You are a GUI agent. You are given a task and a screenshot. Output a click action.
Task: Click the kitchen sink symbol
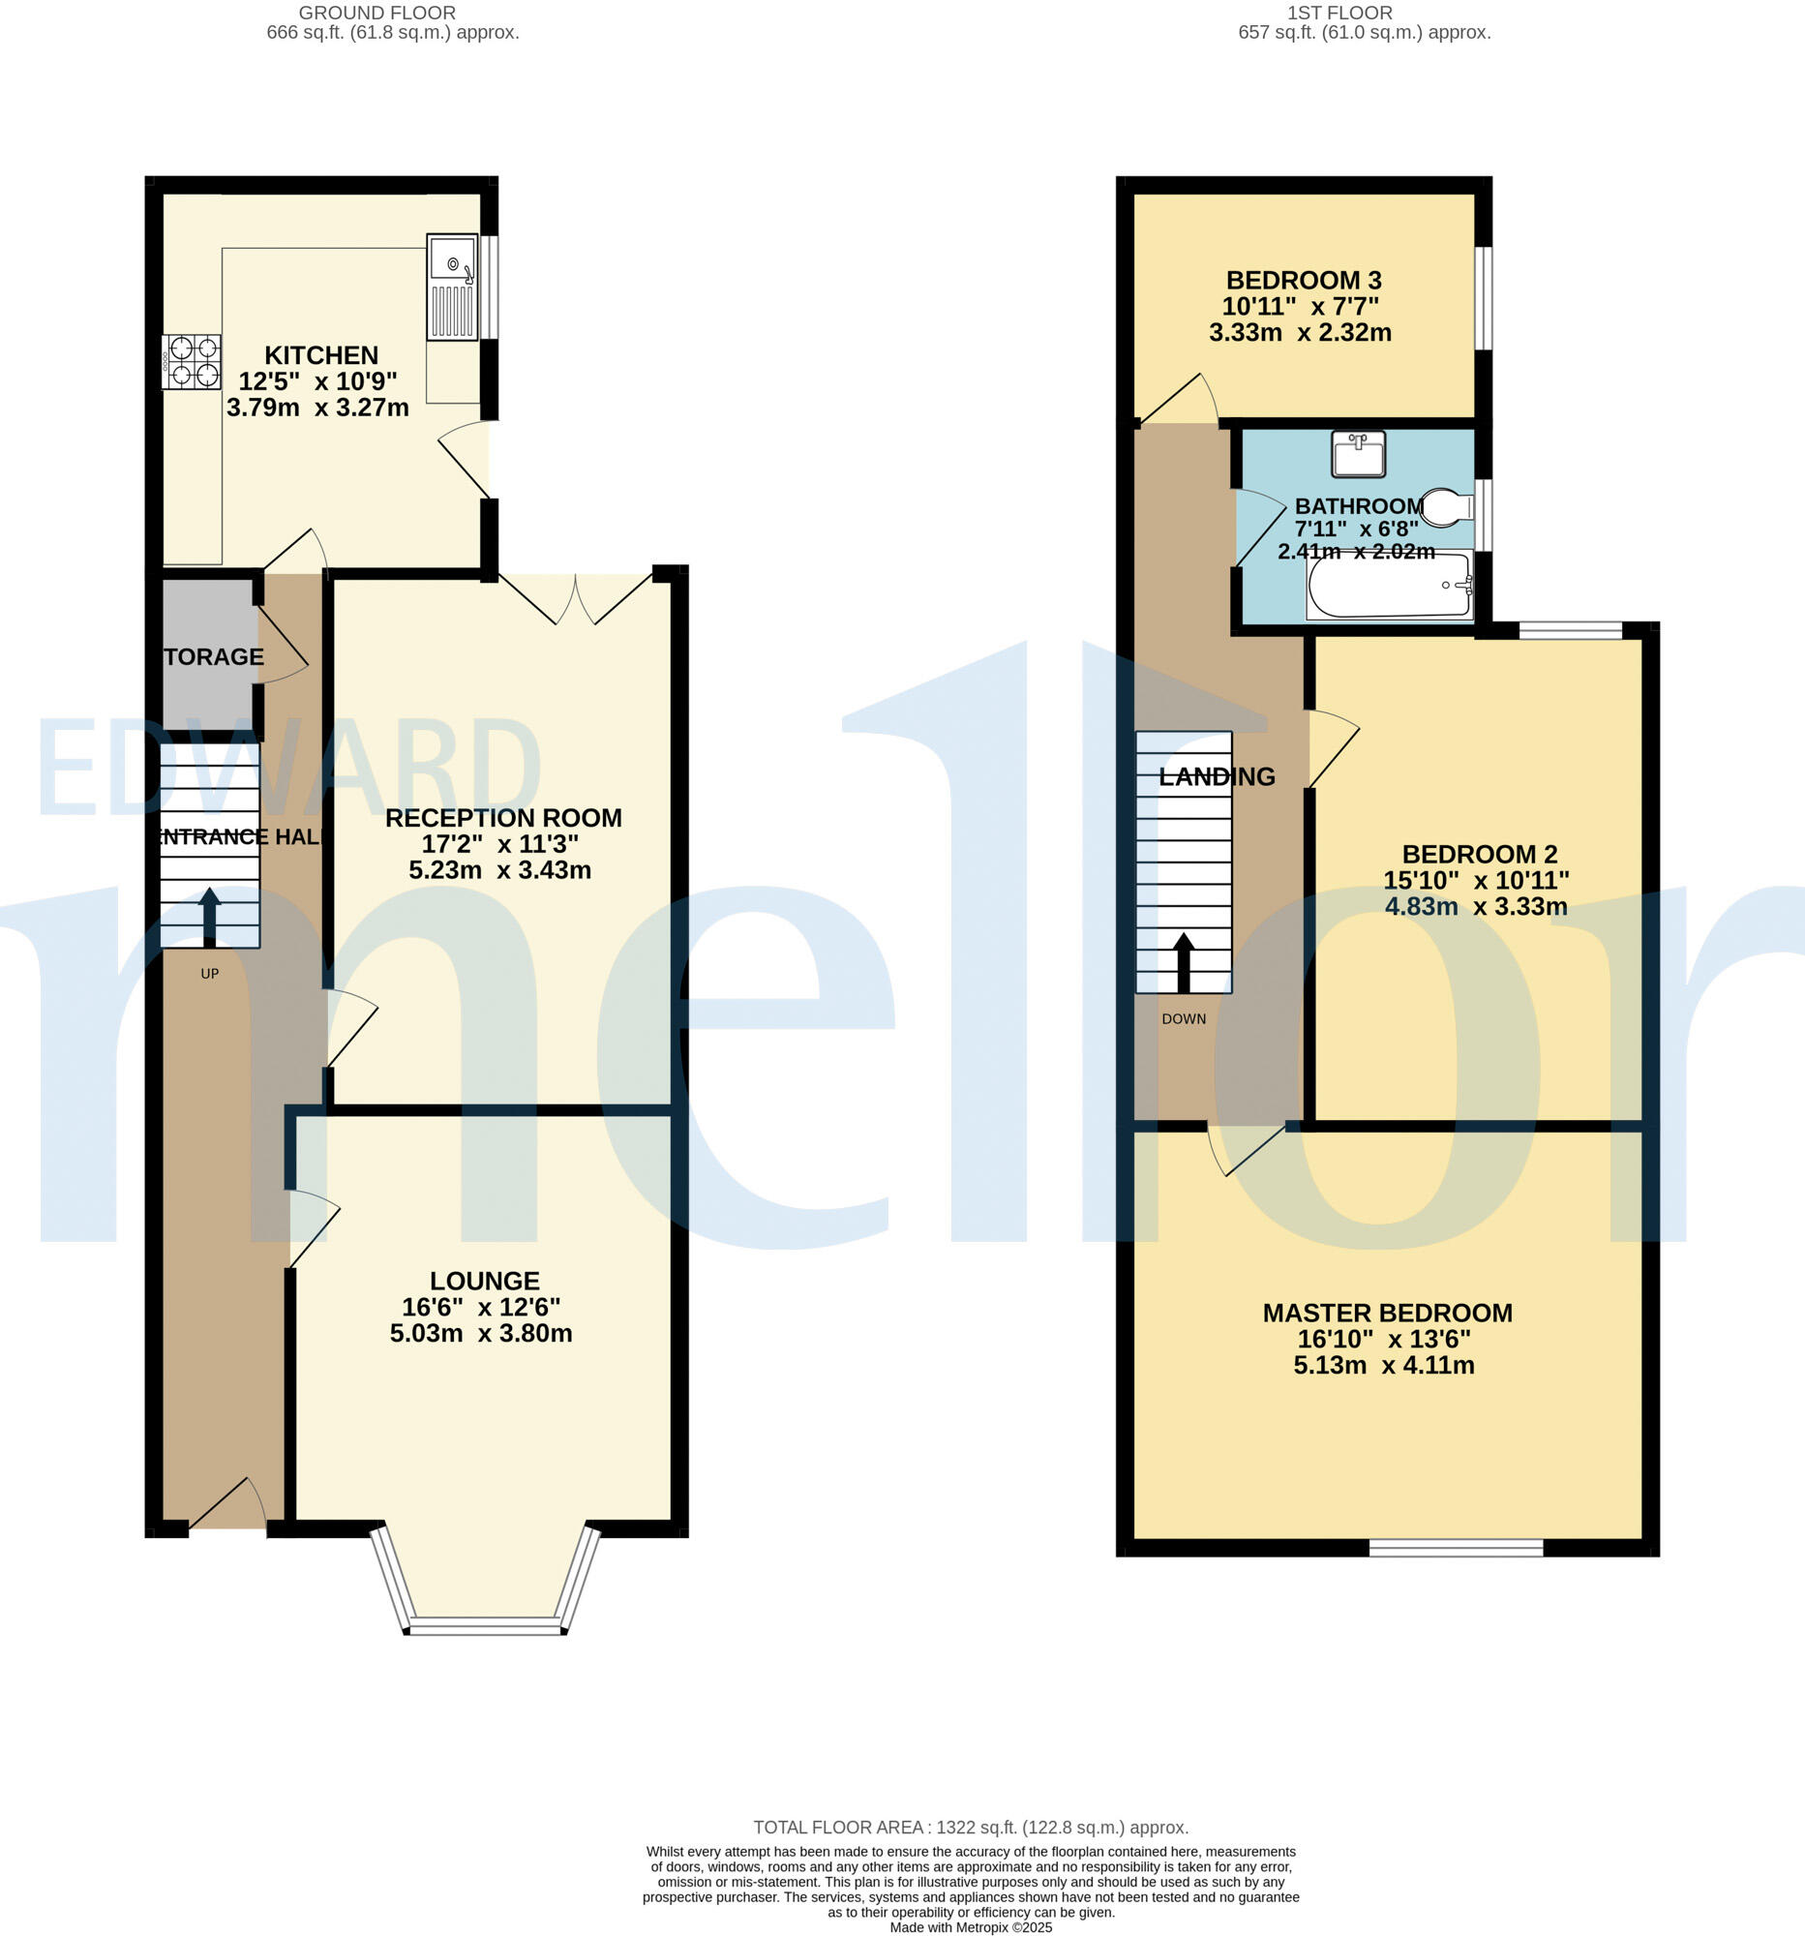[x=453, y=287]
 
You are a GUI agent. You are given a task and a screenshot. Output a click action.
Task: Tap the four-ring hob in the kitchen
[x=192, y=361]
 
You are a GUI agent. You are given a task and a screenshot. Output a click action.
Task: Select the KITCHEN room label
[x=321, y=355]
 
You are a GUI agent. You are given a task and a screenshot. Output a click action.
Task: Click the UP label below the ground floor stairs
[x=209, y=973]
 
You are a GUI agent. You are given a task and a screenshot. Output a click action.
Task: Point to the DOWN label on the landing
[x=1183, y=1018]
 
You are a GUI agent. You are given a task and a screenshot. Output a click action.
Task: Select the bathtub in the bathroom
[x=1389, y=586]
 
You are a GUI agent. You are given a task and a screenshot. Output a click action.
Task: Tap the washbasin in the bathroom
[x=1358, y=455]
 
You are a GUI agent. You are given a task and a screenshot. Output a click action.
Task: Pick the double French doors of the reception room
[x=576, y=598]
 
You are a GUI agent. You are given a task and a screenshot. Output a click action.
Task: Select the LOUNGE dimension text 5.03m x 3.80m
[x=481, y=1333]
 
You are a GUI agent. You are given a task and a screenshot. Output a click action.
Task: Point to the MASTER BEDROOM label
[x=1387, y=1313]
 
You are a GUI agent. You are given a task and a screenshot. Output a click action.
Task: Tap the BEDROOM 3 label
[x=1304, y=281]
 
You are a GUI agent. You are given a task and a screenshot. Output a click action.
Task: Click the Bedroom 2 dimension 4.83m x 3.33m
[x=1476, y=907]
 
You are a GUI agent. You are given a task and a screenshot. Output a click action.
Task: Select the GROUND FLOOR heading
[x=376, y=13]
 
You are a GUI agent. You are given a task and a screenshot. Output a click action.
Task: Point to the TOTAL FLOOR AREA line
[x=971, y=1828]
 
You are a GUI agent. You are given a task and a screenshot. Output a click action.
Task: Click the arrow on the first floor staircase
[x=1183, y=961]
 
